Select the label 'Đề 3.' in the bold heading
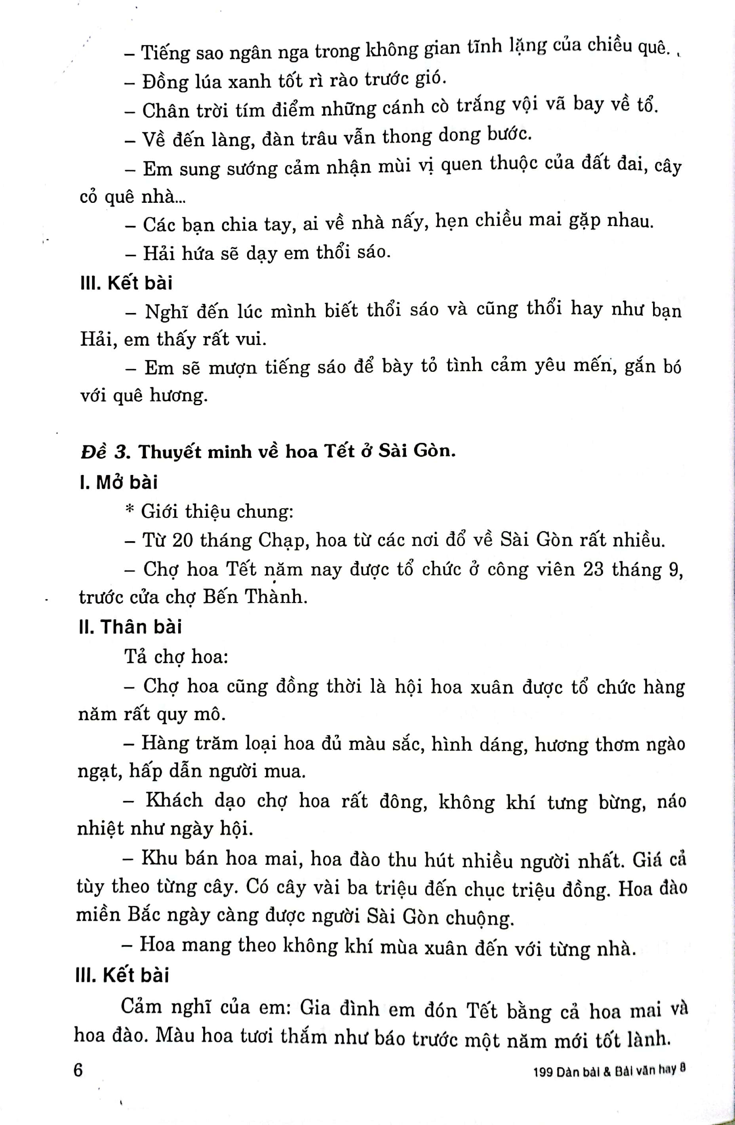click(105, 452)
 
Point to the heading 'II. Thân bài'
click(130, 627)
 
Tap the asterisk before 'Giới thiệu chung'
click(129, 511)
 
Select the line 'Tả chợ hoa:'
click(176, 656)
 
